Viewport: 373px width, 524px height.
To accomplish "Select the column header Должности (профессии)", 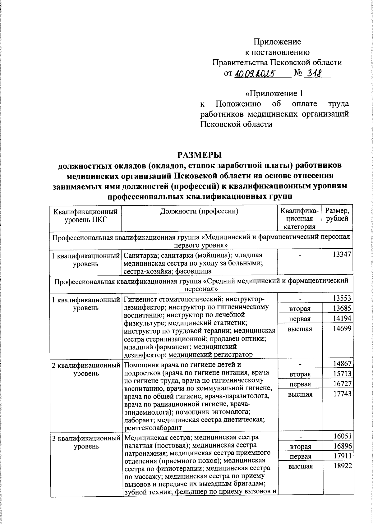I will (x=199, y=212).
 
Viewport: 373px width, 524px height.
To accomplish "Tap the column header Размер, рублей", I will (x=337, y=214).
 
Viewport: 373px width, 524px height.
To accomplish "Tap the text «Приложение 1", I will (x=274, y=93).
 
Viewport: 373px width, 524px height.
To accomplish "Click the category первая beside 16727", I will (x=300, y=384).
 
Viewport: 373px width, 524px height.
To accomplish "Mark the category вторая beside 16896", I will (x=300, y=447).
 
